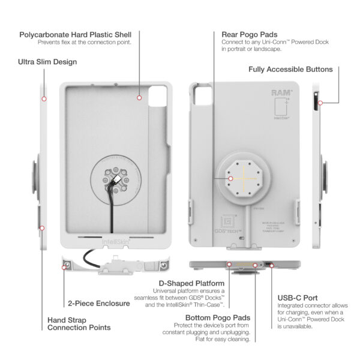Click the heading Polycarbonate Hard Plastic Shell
75,34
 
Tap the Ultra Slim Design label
47,62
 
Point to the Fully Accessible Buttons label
290,70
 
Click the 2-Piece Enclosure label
98,304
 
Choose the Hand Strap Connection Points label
79,323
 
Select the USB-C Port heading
298,298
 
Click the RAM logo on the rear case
281,93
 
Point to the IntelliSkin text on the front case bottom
113,242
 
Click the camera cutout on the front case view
158,95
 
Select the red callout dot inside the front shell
139,97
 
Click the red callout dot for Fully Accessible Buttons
320,103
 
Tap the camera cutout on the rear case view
200,95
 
